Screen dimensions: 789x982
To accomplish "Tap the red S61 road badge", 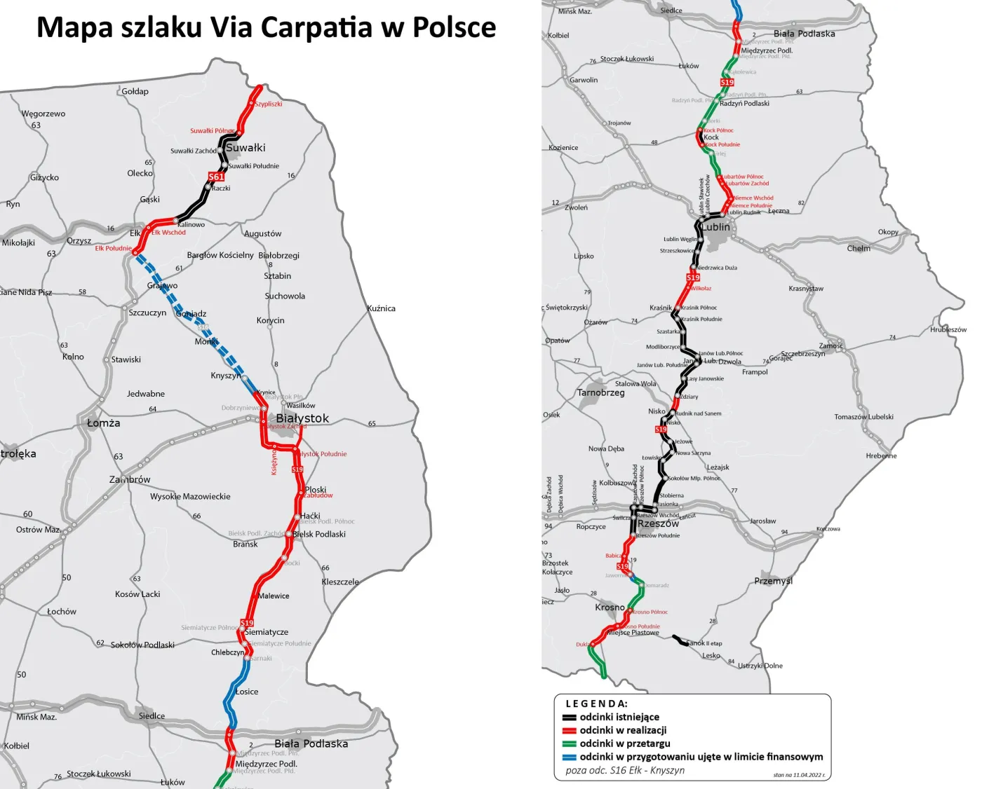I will click(216, 177).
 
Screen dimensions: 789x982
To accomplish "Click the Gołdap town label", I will click(135, 91).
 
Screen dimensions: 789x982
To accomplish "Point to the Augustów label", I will click(262, 233).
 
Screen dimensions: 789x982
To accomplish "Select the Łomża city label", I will click(103, 423).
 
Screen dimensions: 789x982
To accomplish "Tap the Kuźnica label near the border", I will click(381, 308).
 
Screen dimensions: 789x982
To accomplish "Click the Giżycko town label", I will click(44, 177).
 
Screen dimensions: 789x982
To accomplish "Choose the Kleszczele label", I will click(340, 582).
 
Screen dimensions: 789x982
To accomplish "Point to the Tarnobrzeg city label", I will click(600, 392).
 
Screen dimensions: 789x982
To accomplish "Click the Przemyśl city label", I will click(774, 581).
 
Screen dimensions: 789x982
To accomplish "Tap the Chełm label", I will click(859, 248).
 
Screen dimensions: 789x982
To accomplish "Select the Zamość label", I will click(831, 345).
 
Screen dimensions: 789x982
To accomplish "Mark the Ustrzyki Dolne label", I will click(760, 666).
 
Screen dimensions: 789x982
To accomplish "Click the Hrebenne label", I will click(881, 455).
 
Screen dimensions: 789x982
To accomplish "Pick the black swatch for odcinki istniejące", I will click(569, 718).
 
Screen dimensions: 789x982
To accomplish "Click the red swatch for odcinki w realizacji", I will click(569, 731).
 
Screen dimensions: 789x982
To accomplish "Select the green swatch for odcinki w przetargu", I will click(569, 743).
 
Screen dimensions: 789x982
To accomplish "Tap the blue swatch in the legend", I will click(569, 757).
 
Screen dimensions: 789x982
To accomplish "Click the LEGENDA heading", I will click(596, 704).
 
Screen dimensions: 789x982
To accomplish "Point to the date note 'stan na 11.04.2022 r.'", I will click(799, 775).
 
